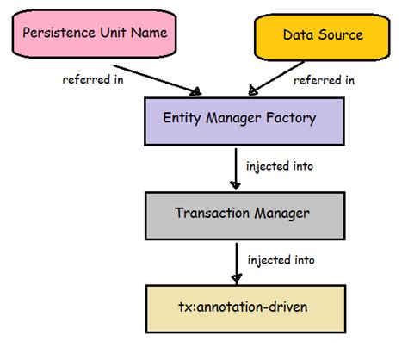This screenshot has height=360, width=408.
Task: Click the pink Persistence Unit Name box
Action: pos(96,35)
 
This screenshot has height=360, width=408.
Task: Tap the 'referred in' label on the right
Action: pos(325,80)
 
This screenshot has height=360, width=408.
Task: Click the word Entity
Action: pos(182,115)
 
